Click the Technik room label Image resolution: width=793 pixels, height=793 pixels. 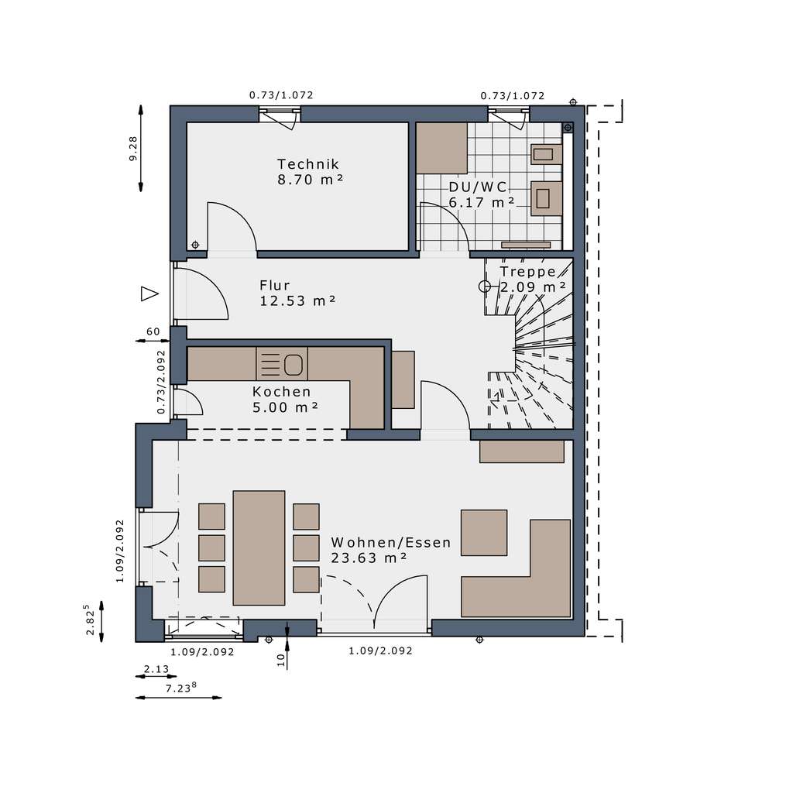click(x=308, y=164)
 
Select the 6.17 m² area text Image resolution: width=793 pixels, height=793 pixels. click(x=481, y=202)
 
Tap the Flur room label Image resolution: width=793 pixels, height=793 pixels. click(x=275, y=285)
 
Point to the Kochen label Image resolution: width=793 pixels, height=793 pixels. click(x=282, y=392)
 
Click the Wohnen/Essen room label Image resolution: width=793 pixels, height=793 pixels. click(x=390, y=542)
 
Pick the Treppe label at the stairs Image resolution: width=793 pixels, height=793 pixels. click(x=528, y=272)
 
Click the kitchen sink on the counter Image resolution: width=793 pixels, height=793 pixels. click(x=294, y=363)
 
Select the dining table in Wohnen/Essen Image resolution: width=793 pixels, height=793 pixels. click(x=259, y=546)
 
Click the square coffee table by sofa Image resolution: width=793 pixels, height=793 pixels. click(x=484, y=532)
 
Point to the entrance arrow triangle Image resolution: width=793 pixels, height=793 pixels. click(x=149, y=294)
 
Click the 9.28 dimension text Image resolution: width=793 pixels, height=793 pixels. click(x=133, y=148)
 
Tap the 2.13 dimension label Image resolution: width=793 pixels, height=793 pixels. click(x=157, y=668)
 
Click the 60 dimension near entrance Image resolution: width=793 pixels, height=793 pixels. click(x=153, y=331)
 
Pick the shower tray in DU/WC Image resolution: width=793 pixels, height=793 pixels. click(x=442, y=148)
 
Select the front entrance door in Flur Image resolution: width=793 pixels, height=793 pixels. click(x=199, y=294)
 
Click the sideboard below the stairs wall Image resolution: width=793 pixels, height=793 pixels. click(x=521, y=451)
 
